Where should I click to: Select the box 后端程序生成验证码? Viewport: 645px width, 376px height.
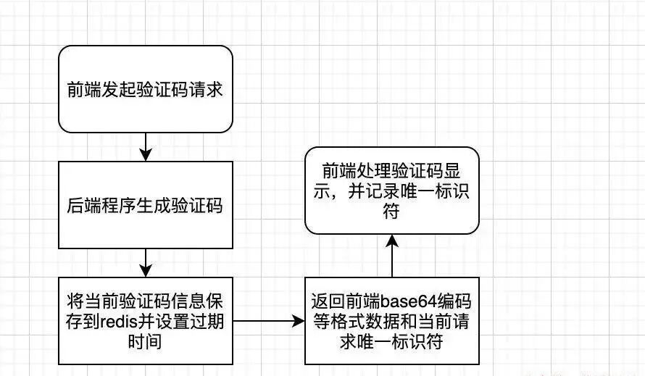click(x=145, y=205)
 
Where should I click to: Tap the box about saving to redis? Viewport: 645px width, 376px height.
click(x=145, y=320)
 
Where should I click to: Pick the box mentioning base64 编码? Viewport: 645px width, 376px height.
click(x=391, y=320)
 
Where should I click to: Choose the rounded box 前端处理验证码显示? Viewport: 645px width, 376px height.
click(x=391, y=191)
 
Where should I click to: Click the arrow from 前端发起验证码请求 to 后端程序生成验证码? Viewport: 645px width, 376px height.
click(x=146, y=147)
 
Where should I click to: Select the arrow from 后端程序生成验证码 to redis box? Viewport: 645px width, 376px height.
click(x=146, y=262)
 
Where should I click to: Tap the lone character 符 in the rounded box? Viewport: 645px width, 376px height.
click(x=391, y=213)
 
